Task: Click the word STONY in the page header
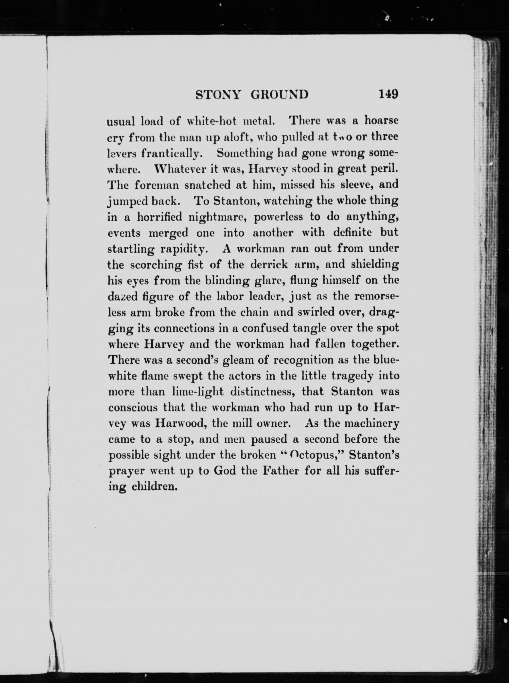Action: click(217, 95)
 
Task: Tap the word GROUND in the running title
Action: click(280, 95)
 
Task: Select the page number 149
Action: click(388, 94)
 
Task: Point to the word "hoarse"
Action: click(382, 120)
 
